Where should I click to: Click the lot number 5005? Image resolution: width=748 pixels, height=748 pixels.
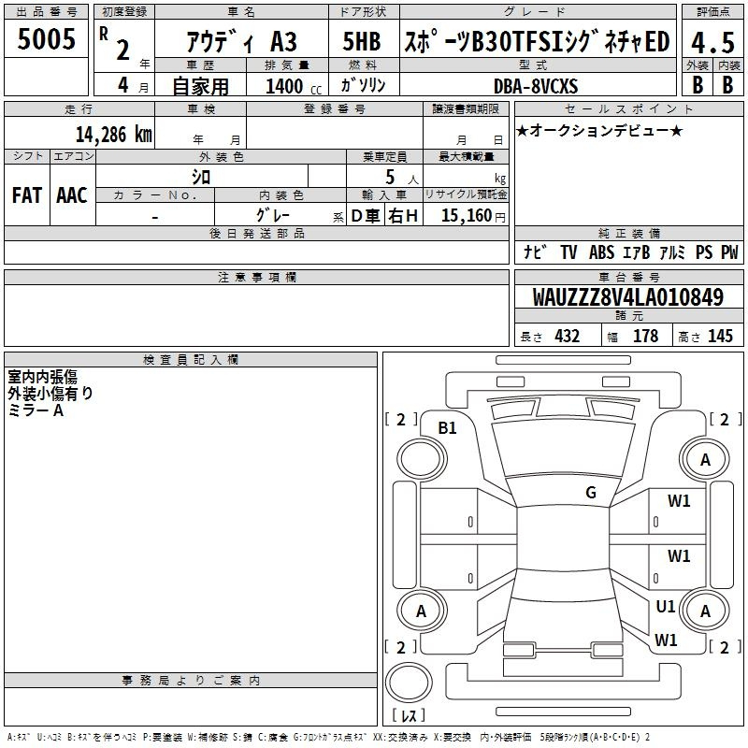coord(46,39)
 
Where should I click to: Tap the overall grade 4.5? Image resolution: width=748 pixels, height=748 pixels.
coord(712,42)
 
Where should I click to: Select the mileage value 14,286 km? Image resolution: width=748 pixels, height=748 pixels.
coord(114,135)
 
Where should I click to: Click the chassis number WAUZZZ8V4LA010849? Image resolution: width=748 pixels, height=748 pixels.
coord(628,297)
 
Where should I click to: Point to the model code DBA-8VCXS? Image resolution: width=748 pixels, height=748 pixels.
coord(536,86)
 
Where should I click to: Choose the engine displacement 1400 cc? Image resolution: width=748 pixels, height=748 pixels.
coord(294,86)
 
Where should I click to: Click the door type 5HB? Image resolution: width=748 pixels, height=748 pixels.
coord(362,41)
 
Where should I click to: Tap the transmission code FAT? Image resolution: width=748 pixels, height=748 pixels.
coord(27,195)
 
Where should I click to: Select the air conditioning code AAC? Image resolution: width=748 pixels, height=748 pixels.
coord(72,195)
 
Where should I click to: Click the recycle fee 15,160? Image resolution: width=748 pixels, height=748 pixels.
coord(467,216)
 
